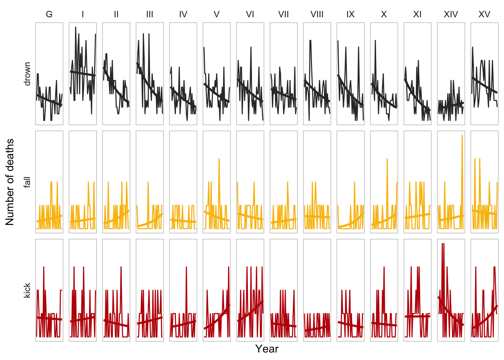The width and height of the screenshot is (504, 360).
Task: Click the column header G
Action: click(x=49, y=14)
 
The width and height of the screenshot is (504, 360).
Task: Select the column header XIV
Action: click(x=451, y=14)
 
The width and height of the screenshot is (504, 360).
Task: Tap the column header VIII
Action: click(x=317, y=14)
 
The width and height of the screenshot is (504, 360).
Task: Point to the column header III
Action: click(x=150, y=14)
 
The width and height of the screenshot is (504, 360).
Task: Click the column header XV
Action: click(x=484, y=14)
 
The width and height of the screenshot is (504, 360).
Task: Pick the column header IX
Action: click(x=350, y=14)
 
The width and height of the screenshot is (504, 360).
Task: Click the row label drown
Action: click(x=27, y=74)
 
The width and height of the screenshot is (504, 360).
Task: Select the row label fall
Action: click(x=27, y=182)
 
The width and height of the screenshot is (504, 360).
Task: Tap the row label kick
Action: click(x=27, y=291)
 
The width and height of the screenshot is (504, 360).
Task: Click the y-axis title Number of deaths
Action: click(x=10, y=182)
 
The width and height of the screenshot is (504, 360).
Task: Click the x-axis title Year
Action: click(x=267, y=349)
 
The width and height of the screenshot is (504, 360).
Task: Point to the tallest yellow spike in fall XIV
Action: click(x=462, y=136)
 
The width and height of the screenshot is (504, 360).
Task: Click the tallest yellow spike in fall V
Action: click(x=219, y=159)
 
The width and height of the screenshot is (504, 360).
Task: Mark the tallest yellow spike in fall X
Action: click(x=387, y=159)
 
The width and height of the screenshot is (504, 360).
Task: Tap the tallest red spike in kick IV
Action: click(x=186, y=267)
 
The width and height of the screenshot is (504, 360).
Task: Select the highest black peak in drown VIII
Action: click(x=310, y=40)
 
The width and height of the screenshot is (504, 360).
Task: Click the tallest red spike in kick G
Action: click(x=44, y=267)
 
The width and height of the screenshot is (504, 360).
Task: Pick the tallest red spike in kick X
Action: click(x=384, y=267)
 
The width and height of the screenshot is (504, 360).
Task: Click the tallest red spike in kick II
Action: click(x=121, y=267)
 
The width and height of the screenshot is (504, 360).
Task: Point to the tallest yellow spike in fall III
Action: click(x=148, y=182)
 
